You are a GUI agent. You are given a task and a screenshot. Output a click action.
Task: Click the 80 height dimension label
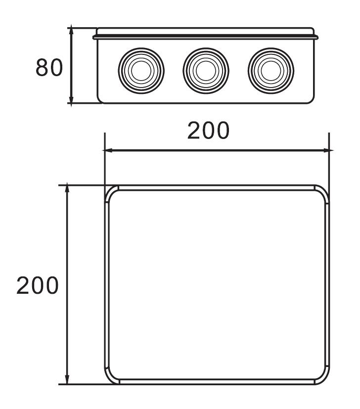tap(49, 68)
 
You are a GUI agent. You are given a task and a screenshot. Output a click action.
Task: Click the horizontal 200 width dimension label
tap(208, 131)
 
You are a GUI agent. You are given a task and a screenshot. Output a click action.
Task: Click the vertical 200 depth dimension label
tap(38, 286)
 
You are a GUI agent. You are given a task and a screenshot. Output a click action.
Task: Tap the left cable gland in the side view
tap(141, 70)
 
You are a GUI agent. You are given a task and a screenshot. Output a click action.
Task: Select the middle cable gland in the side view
tap(205, 70)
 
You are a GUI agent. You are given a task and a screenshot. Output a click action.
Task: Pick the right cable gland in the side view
tap(270, 70)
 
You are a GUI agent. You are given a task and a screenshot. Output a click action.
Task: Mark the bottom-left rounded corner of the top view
tap(111, 377)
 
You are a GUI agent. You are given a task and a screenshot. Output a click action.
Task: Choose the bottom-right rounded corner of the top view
tap(323, 377)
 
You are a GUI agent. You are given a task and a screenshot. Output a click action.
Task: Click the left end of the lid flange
tap(94, 37)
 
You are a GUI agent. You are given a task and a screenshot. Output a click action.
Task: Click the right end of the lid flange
tap(316, 37)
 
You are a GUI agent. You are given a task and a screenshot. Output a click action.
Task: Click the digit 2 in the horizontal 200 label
tap(194, 131)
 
